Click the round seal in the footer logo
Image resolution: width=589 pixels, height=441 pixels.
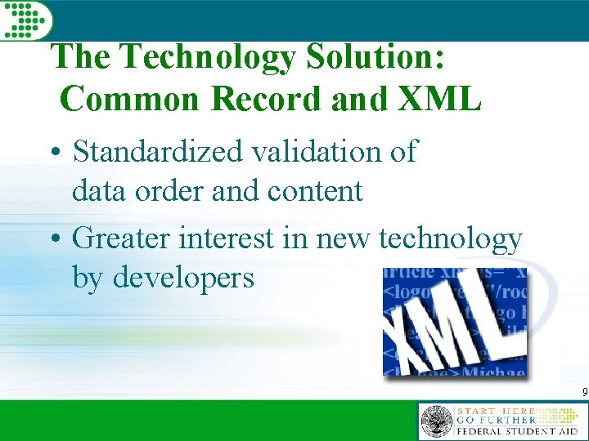coord(436,421)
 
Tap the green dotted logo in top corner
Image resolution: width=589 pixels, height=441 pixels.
coord(25,19)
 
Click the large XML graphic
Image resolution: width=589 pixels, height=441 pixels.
coord(454,323)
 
